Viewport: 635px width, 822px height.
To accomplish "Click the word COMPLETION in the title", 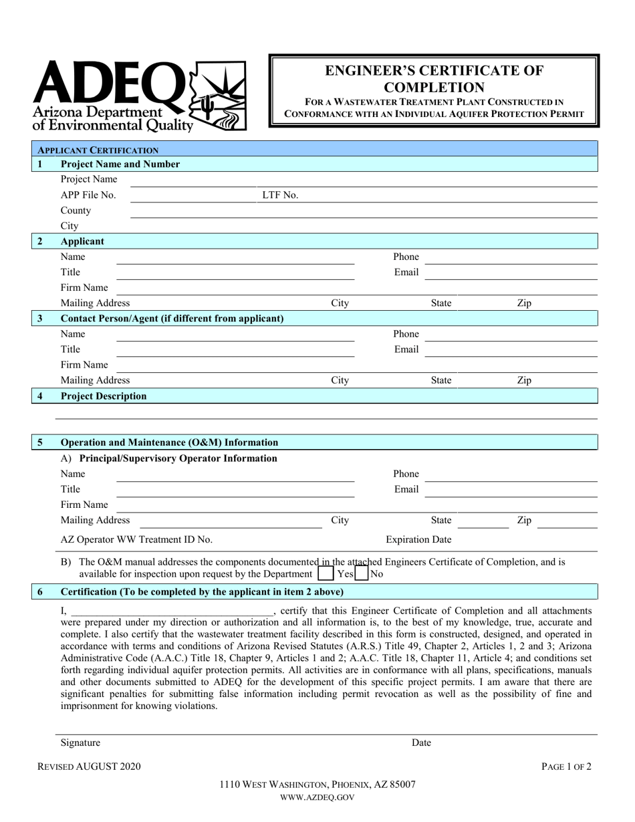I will coord(434,87).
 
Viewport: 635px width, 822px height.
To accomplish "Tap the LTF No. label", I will coord(280,195).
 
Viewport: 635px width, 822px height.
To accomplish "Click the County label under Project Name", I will coord(76,211).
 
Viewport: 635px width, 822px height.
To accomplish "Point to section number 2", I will coord(40,241).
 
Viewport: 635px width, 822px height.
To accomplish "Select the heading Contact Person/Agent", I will coord(172,319).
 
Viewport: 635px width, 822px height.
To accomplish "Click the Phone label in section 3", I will coord(406,334).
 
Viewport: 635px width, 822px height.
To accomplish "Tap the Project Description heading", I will coord(104,396).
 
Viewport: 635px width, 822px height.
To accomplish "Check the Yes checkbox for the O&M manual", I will coord(326,573).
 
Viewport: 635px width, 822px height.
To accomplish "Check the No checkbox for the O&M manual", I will coord(362,573).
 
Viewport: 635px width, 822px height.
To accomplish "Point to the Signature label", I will coord(80,742).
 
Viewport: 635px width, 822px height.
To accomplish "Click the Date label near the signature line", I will coord(421,742).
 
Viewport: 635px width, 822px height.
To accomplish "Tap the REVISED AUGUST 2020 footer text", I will coord(89,767).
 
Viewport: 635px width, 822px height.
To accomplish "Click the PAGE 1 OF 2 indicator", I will coord(566,767).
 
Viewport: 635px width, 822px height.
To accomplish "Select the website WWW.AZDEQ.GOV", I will coord(317,797).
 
